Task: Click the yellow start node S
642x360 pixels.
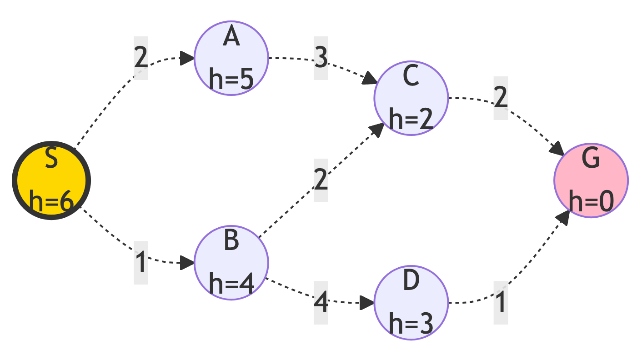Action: tap(51, 180)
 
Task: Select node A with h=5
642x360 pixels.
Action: tap(231, 58)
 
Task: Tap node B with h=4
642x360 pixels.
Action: tap(231, 262)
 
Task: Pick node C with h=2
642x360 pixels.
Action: tap(411, 98)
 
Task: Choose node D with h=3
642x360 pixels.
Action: tap(411, 303)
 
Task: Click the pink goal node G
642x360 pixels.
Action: tap(591, 180)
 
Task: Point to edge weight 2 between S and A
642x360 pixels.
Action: tap(141, 58)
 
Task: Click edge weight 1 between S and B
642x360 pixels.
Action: tap(141, 263)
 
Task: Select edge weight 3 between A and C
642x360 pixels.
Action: tap(321, 58)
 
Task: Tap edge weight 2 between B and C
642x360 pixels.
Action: tap(321, 180)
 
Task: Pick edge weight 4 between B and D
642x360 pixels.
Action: tap(321, 303)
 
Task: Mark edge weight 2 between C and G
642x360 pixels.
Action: tap(501, 99)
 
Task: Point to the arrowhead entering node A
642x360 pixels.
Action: tap(188, 58)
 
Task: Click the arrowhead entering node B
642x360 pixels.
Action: tap(188, 263)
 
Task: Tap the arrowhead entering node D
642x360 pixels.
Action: tap(367, 303)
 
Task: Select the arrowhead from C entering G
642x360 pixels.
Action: tap(558, 150)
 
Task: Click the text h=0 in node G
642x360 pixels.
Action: tap(591, 201)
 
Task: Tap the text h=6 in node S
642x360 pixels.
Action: tap(51, 201)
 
